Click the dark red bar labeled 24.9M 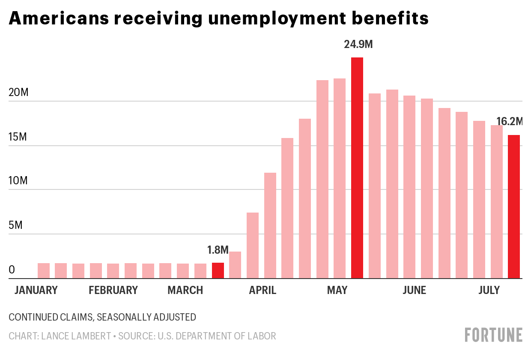357,168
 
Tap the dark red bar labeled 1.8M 218,270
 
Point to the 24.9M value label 358,44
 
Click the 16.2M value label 510,122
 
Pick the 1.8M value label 218,250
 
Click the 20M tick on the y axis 18,93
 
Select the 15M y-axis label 18,137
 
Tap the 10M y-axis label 18,181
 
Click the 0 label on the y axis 12,270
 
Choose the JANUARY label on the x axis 36,291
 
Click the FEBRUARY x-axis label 113,291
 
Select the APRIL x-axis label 263,291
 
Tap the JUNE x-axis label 414,291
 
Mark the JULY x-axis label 489,291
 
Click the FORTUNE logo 494,335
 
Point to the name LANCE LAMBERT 76,336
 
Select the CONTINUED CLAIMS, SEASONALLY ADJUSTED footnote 102,317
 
